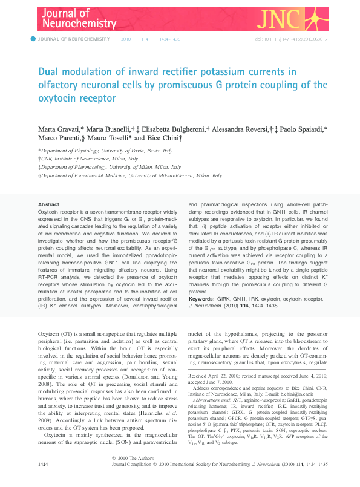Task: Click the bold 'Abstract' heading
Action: [48, 205]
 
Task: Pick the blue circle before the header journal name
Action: [33, 39]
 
